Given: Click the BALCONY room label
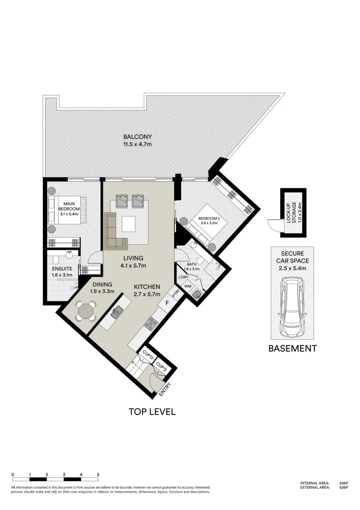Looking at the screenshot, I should point(137,137).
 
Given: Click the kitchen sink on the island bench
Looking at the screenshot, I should point(117,312).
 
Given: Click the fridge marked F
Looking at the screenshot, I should point(167,302).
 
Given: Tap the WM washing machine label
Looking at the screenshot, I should point(187,286).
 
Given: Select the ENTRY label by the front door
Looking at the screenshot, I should point(165,389).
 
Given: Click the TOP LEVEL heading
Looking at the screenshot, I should point(152,412).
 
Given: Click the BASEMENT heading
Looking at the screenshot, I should point(292,349).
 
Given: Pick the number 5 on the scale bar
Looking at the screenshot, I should point(98,474).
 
